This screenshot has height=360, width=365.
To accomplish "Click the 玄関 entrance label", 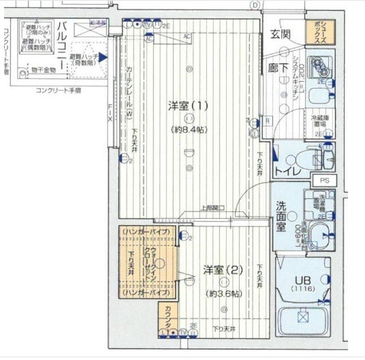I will (x=280, y=34).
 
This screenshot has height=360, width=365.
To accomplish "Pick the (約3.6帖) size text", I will (x=223, y=293).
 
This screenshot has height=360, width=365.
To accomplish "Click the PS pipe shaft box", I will (x=323, y=180).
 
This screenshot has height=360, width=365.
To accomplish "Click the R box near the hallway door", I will (x=268, y=121).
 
